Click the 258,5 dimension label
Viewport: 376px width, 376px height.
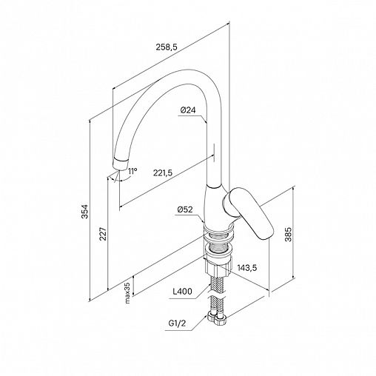(x=167, y=47)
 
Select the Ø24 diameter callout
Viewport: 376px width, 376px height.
(x=188, y=110)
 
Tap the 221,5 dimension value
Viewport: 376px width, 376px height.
(x=163, y=173)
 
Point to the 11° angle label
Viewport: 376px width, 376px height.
(x=132, y=171)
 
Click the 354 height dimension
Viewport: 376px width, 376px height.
(x=85, y=212)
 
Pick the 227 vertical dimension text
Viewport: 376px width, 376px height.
(x=103, y=233)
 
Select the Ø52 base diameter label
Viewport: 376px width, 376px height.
(x=185, y=209)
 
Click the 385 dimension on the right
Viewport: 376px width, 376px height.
(x=288, y=235)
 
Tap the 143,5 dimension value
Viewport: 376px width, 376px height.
(x=247, y=267)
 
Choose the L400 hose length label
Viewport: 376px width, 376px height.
(x=182, y=292)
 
